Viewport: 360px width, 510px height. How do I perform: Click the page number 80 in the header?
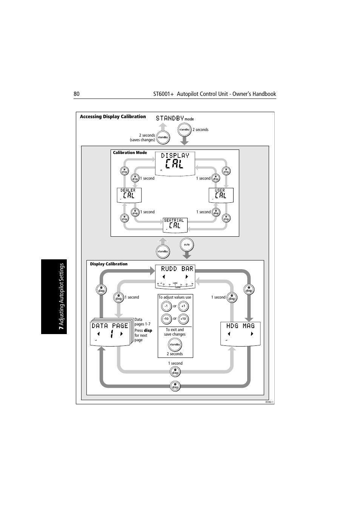tap(77, 94)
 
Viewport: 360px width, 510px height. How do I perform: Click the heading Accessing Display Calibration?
tap(113, 117)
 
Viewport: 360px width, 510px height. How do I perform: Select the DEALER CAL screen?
tap(129, 195)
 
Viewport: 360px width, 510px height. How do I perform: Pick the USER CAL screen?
tap(221, 195)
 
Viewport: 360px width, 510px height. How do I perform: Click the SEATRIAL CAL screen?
tap(175, 225)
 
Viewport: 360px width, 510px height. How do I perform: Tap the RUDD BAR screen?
tap(175, 276)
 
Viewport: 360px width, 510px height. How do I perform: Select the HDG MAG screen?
tap(240, 333)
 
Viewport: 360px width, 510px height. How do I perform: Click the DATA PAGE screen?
tap(110, 333)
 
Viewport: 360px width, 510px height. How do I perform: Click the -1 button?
tap(166, 306)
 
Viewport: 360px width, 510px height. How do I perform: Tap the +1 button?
tap(183, 306)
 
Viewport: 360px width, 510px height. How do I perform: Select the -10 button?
tap(166, 319)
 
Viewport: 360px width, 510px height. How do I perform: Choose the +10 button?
tap(183, 319)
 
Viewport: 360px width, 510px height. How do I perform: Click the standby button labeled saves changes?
tap(163, 137)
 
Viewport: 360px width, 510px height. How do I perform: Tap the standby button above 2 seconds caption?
tap(175, 344)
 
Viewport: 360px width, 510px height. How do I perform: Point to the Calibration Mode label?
tap(130, 153)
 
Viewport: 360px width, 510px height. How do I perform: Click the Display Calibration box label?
tap(109, 264)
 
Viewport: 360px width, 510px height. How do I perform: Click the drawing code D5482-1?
tap(269, 402)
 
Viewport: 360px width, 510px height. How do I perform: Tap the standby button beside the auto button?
tap(163, 251)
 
